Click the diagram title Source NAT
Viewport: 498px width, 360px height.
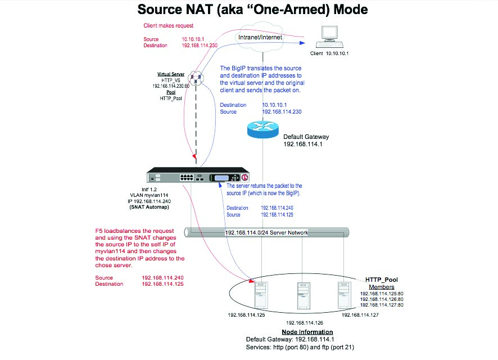[248, 10]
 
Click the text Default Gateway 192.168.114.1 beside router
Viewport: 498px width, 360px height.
[306, 140]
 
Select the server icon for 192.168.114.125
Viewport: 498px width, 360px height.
[261, 294]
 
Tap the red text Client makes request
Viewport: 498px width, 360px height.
[169, 26]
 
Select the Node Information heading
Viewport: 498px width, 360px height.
[300, 332]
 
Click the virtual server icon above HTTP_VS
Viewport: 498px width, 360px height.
[195, 78]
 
